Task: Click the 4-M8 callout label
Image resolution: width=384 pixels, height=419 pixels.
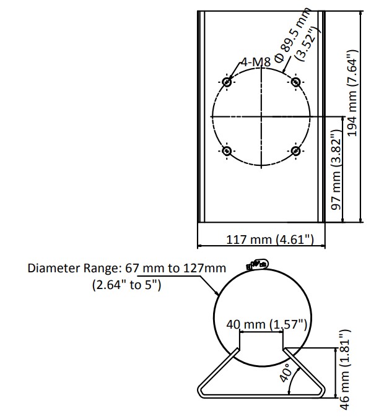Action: click(256, 62)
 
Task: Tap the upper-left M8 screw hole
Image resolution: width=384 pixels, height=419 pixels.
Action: click(227, 82)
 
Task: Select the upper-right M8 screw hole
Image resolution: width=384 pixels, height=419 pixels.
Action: click(296, 82)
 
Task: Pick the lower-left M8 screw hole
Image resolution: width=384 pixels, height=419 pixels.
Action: click(227, 151)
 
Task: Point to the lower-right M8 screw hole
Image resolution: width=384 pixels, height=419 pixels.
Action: click(296, 151)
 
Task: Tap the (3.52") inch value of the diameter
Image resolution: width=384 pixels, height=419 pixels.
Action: click(308, 44)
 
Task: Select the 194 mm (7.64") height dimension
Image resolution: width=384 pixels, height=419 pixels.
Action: click(352, 93)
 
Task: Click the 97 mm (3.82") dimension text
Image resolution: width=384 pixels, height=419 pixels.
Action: click(337, 170)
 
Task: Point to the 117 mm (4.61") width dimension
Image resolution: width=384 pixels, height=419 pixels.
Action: click(270, 239)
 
